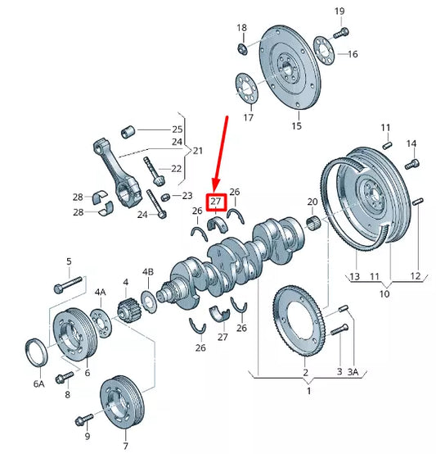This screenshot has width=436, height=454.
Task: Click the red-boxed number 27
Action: click(216, 202)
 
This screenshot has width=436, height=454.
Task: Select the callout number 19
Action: click(339, 11)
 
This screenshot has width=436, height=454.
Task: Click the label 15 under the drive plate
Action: click(297, 125)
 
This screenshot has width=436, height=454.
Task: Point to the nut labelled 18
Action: click(243, 50)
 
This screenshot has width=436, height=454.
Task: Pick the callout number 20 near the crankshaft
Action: click(312, 202)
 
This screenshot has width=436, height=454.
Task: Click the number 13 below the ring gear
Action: click(355, 276)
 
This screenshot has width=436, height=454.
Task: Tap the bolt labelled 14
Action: click(411, 164)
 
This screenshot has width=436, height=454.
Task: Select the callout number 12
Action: click(415, 276)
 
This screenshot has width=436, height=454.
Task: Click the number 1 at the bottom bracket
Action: click(308, 391)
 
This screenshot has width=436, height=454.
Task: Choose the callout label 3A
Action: click(353, 372)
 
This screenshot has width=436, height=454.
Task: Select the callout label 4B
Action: click(148, 271)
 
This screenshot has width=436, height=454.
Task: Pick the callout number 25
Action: click(177, 129)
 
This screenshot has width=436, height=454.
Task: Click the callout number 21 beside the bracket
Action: click(197, 151)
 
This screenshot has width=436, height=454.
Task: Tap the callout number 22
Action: click(177, 168)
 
